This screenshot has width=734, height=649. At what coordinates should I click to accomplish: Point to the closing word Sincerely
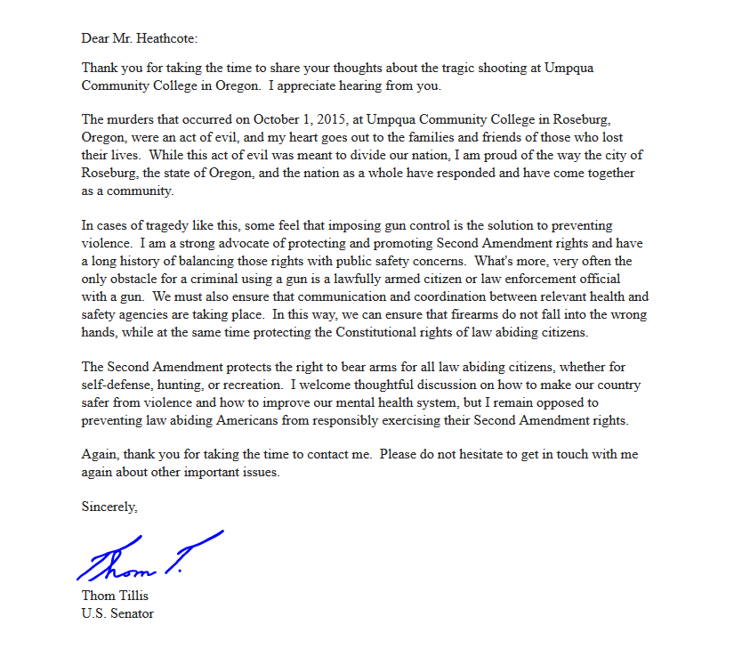coord(109,507)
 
